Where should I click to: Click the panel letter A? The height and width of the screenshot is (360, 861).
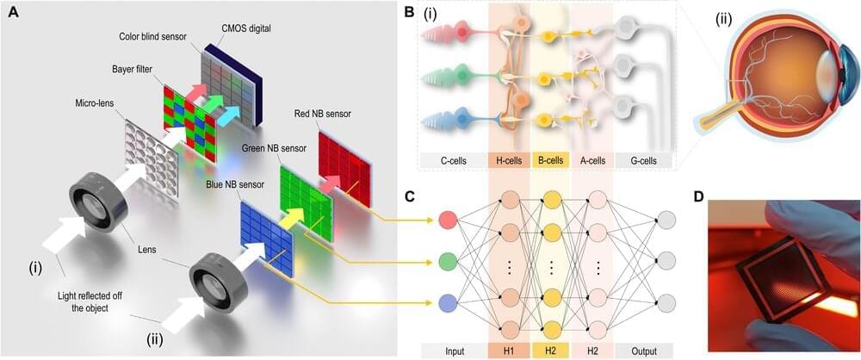[x=14, y=12]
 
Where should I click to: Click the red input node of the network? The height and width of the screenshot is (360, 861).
[x=447, y=220]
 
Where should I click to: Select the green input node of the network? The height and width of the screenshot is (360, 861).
[x=447, y=261]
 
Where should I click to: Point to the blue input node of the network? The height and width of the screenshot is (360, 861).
[x=447, y=302]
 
